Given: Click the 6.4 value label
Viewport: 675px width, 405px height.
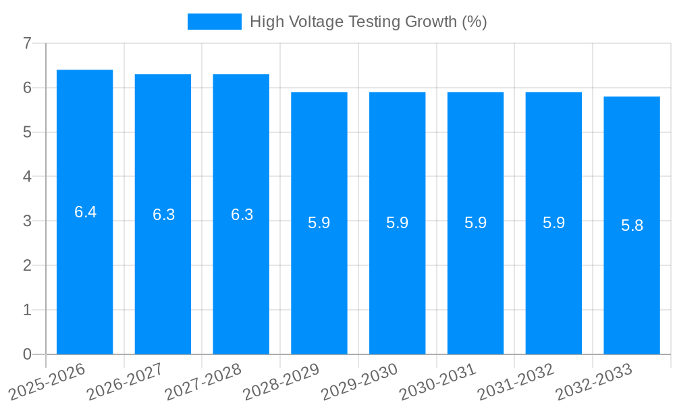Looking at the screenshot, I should point(86,212).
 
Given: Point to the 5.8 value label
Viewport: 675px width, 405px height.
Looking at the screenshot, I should point(632,225).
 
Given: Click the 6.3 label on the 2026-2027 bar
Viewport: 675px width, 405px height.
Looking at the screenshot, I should point(164,215).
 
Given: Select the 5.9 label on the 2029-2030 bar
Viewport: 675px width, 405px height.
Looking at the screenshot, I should point(398,223).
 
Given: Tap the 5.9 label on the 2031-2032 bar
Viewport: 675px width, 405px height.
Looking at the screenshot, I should point(554,223).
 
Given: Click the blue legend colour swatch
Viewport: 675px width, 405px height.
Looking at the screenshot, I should point(214,22).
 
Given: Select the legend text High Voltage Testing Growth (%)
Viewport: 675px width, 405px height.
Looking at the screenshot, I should point(369,22).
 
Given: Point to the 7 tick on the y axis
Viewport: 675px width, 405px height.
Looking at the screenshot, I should point(27,43).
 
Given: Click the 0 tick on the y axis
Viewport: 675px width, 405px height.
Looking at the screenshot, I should point(27,354).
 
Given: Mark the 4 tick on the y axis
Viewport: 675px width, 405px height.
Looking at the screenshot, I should point(27,177).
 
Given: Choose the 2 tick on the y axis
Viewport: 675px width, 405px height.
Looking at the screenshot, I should point(27,265).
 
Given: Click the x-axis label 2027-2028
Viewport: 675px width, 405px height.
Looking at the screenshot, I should point(203,381).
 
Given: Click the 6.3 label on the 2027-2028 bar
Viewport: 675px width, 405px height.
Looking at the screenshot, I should point(242,215).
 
